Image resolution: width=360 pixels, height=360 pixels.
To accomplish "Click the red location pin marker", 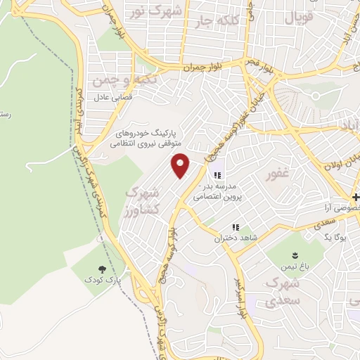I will coord(181,165).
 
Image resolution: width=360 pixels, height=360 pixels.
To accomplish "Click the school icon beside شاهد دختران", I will coord(237,227).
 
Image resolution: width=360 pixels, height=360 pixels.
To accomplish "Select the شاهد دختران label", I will coord(237,238).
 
